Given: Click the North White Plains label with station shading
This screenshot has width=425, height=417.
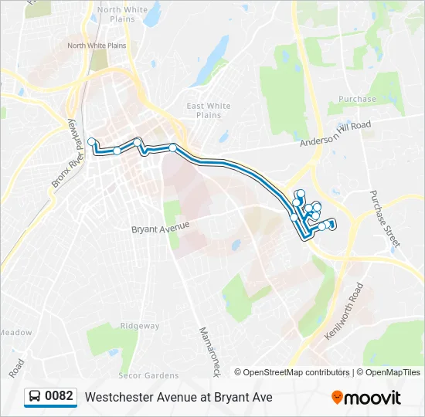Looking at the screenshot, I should pyautogui.click(x=97, y=46).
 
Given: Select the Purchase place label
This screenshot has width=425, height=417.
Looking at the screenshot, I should pyautogui.click(x=357, y=99).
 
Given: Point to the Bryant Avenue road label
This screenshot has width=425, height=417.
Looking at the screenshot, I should pyautogui.click(x=160, y=229).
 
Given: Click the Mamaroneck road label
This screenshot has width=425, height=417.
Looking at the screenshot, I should pyautogui.click(x=209, y=350).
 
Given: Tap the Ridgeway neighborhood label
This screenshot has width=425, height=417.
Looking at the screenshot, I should pyautogui.click(x=140, y=326).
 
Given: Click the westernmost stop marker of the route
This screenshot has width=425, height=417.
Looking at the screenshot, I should pyautogui.click(x=92, y=141).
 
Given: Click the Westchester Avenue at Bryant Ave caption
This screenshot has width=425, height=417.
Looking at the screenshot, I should pyautogui.click(x=178, y=397).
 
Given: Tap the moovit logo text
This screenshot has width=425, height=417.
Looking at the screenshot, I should pyautogui.click(x=373, y=398).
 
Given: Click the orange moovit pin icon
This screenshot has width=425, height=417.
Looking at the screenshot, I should pyautogui.click(x=337, y=398).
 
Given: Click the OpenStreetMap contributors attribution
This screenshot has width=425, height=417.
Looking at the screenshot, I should pyautogui.click(x=297, y=372).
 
